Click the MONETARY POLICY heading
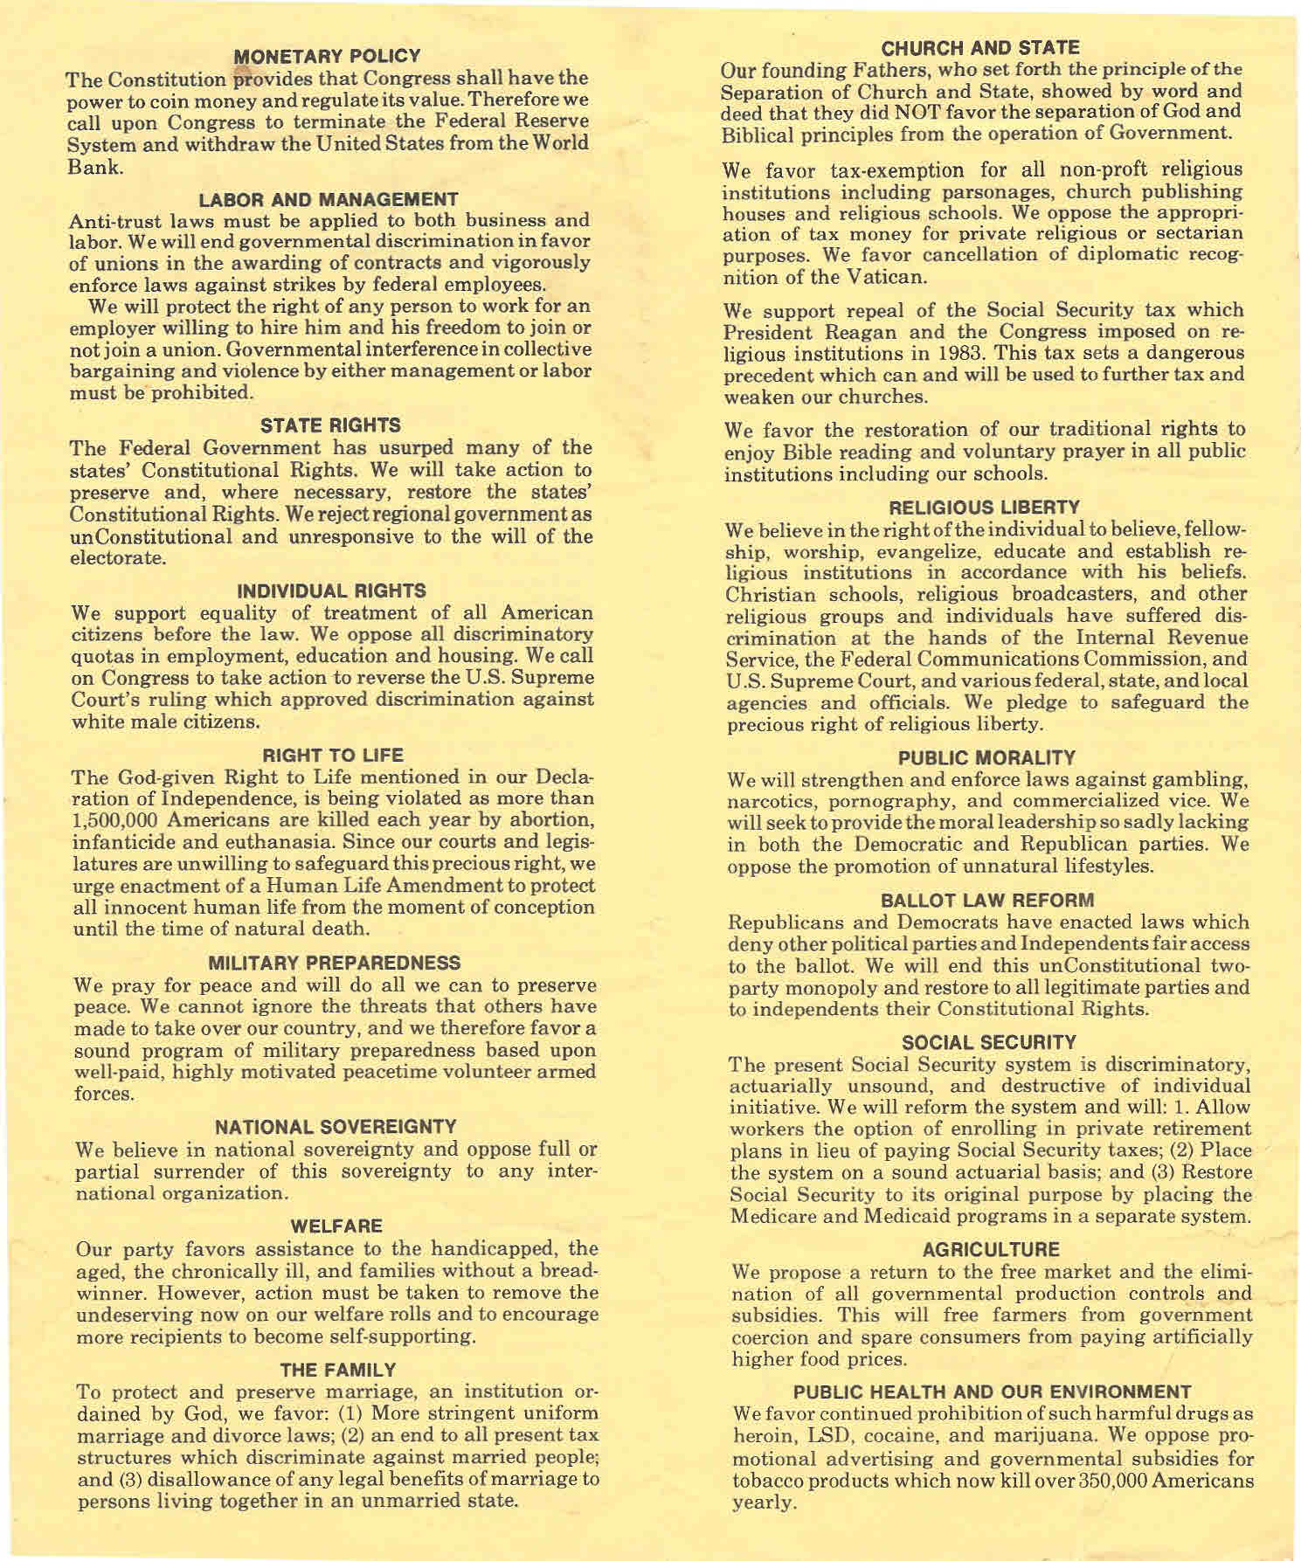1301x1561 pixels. coord(328,57)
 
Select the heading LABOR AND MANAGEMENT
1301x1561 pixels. coord(329,200)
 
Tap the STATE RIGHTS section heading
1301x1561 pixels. coord(331,425)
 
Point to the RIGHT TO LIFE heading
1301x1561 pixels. coord(333,755)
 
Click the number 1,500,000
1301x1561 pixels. coord(119,820)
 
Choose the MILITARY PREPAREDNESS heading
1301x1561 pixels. coord(336,964)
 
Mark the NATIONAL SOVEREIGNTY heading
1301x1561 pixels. coord(336,1126)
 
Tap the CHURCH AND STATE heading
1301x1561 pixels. coord(980,47)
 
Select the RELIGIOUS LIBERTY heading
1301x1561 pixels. coord(984,508)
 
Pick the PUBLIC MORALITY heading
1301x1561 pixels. coord(987,756)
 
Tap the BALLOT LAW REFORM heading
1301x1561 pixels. coord(987,900)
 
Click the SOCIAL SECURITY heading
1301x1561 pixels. coord(989,1042)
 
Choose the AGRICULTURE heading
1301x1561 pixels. coord(991,1249)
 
